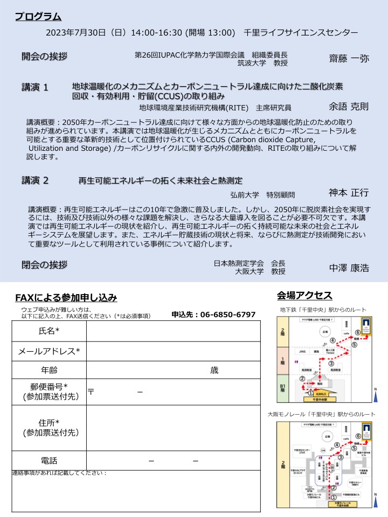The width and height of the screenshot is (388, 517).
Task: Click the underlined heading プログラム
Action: (x=38, y=17)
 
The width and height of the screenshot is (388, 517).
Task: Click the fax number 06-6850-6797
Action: (x=228, y=315)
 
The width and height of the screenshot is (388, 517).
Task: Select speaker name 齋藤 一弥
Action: (x=349, y=59)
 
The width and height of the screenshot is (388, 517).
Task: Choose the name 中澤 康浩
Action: (x=349, y=268)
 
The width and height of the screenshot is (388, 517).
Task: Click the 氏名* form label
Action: (x=50, y=331)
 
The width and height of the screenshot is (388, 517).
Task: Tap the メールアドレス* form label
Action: (x=50, y=351)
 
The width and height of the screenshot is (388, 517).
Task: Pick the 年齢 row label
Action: (x=50, y=371)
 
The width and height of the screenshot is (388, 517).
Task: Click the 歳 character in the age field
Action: (x=214, y=371)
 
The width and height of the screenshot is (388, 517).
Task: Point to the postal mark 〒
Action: (x=92, y=392)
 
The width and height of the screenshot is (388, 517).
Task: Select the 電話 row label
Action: (x=50, y=460)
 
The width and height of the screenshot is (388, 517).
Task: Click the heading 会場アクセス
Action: (x=304, y=295)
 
